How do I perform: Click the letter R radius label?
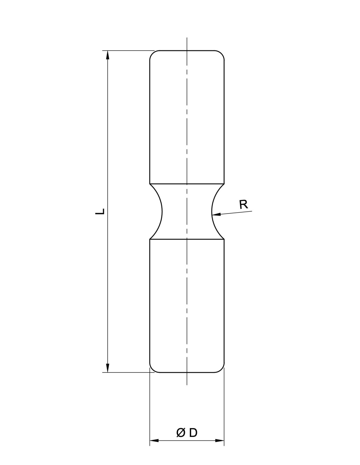(x=244, y=205)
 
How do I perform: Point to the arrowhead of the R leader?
(x=216, y=214)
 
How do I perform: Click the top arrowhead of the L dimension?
(x=108, y=55)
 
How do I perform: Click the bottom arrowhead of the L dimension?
(x=108, y=368)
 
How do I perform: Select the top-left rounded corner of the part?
(x=152, y=53)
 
